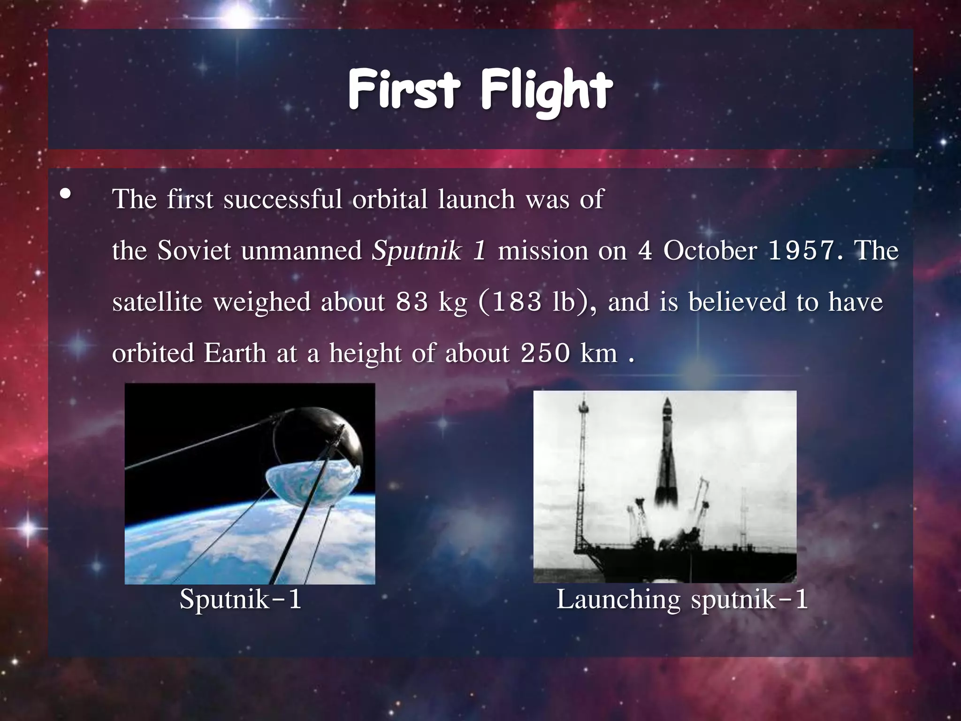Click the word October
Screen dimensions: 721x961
pos(710,251)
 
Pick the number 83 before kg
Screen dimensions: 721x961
pos(412,302)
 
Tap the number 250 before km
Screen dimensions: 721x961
pos(545,353)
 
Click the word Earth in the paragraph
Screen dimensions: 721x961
pos(235,353)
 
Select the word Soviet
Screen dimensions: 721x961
pos(194,251)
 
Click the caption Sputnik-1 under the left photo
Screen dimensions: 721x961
pos(240,599)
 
